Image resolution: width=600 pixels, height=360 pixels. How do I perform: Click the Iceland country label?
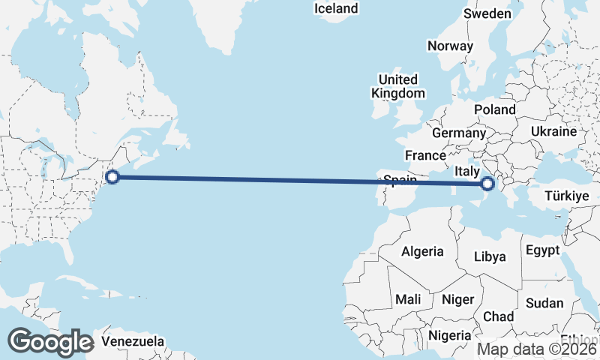[336, 9]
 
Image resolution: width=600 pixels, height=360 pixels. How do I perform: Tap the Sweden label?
[487, 13]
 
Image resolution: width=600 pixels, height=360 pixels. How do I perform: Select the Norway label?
[450, 46]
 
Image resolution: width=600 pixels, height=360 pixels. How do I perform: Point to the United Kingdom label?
[397, 86]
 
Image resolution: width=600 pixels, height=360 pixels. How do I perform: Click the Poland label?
[494, 109]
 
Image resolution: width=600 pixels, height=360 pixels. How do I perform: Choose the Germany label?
[459, 133]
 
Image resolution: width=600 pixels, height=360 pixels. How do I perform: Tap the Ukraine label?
[553, 131]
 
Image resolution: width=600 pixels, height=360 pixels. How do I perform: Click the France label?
[425, 155]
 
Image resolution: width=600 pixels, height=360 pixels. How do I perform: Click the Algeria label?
[422, 252]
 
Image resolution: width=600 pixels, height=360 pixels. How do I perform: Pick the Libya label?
[490, 256]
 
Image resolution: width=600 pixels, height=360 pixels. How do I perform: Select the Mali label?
[408, 298]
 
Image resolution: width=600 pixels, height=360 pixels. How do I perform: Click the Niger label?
[457, 299]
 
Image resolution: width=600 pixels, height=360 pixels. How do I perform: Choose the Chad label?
[498, 316]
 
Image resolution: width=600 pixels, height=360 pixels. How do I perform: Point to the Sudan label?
[544, 303]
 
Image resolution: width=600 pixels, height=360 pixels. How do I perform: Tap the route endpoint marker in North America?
[112, 177]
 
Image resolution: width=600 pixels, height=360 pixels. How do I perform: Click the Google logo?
[50, 342]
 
